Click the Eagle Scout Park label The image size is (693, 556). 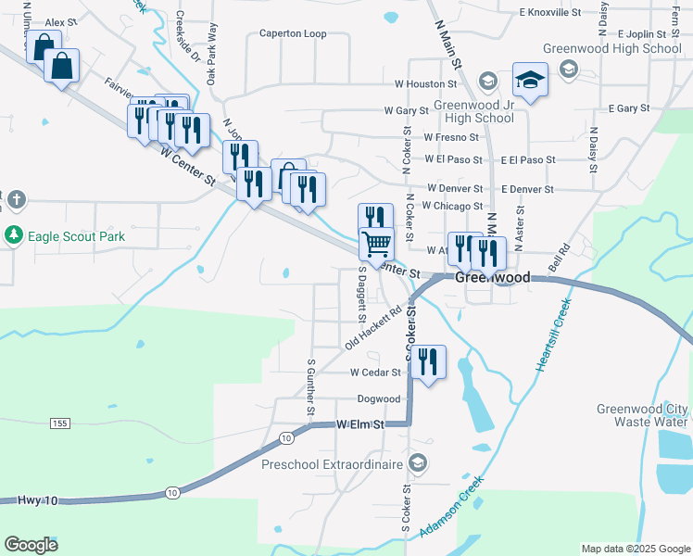tap(76, 236)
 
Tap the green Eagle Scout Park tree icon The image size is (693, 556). tap(14, 235)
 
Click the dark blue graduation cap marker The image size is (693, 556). tap(531, 81)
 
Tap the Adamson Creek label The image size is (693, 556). tap(451, 507)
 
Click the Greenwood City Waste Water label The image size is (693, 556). tap(642, 415)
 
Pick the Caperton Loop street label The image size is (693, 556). tap(293, 33)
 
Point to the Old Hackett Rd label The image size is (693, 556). tap(377, 329)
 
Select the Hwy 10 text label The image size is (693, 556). tap(37, 500)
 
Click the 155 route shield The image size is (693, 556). tap(59, 423)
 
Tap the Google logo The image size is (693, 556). tap(32, 544)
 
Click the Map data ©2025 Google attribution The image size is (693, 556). tap(635, 549)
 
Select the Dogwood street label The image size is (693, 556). tap(379, 399)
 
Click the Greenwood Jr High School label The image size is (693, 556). tap(479, 111)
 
